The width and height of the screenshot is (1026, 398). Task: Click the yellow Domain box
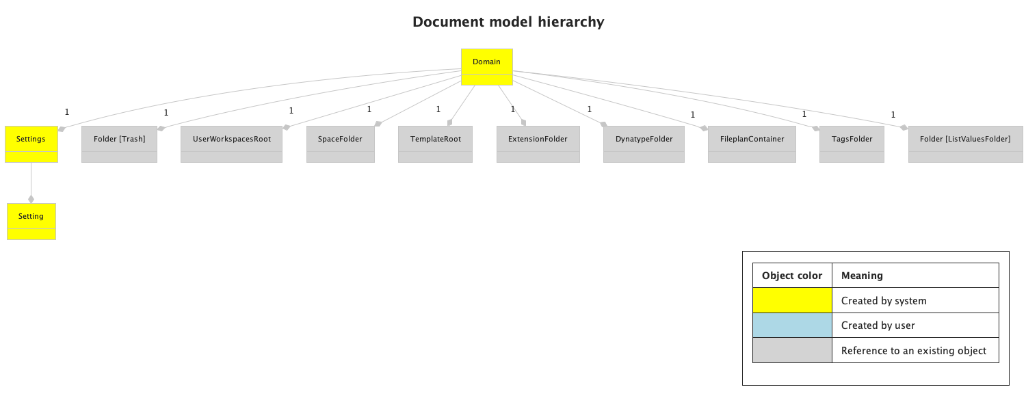coord(486,66)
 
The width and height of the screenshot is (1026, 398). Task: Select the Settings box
coord(31,144)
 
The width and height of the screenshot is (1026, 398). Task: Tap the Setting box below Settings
coord(31,221)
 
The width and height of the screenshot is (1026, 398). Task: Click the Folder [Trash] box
coord(119,144)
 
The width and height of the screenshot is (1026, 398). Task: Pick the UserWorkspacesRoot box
coord(231,144)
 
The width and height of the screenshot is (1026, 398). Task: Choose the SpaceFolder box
coord(340,144)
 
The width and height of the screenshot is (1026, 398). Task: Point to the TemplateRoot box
coord(435,144)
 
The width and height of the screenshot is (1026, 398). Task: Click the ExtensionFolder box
coord(538,144)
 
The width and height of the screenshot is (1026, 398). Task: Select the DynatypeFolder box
coord(644,144)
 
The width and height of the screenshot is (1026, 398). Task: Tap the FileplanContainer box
coord(752,144)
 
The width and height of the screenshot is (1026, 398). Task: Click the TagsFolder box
coord(852,144)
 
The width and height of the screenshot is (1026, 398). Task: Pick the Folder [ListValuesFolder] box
coord(965,144)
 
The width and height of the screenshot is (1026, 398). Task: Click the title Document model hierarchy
coord(508,22)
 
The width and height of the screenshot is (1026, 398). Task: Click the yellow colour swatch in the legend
coord(792,301)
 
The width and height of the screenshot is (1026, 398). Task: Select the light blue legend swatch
coord(792,326)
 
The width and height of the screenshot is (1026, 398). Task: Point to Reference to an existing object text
coord(913,351)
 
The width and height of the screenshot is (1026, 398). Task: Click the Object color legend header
coord(792,276)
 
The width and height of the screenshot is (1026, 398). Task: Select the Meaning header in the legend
coord(862,276)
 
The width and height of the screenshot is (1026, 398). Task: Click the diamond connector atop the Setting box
coord(31,199)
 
